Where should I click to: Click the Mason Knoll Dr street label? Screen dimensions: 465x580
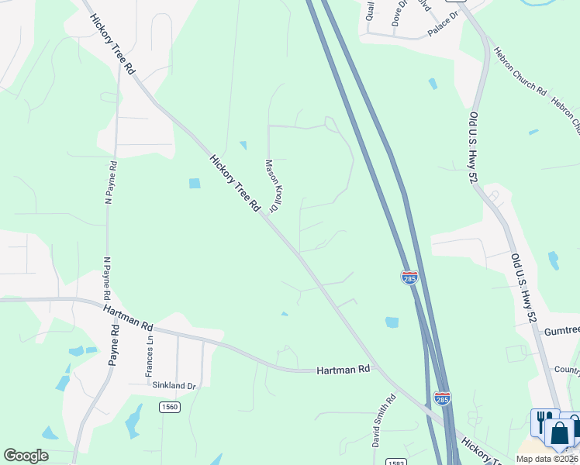click(x=272, y=186)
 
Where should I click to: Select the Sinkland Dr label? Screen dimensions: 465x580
click(x=172, y=385)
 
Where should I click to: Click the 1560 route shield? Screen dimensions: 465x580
click(x=170, y=407)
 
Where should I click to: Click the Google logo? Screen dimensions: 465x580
click(x=26, y=456)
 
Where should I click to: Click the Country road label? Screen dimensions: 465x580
click(x=567, y=370)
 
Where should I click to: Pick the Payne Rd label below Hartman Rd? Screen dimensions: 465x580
click(x=115, y=345)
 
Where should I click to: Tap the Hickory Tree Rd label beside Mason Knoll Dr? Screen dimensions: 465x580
click(x=233, y=183)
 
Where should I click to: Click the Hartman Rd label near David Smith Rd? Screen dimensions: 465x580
click(x=343, y=371)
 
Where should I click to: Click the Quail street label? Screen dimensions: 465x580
click(x=371, y=10)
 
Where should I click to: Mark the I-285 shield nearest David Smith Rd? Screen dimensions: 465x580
click(x=442, y=398)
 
